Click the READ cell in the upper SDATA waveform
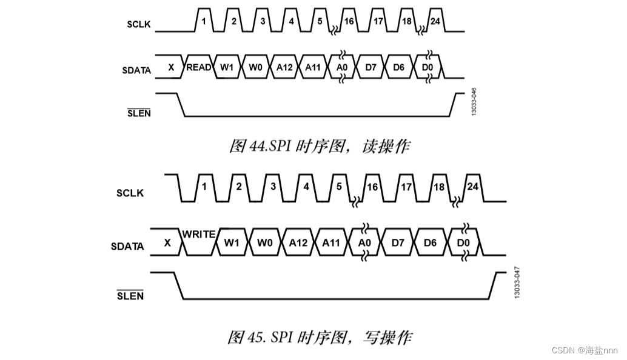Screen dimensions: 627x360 coord(198,67)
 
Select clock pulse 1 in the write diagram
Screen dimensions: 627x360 coord(204,186)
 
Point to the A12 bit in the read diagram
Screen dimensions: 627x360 coord(284,67)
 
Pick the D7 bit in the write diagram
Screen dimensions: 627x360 coord(398,243)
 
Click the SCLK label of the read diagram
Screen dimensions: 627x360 coord(139,25)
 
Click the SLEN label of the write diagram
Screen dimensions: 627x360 coord(130,296)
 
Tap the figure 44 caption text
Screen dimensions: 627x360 coord(319,146)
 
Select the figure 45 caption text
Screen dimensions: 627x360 coord(320,336)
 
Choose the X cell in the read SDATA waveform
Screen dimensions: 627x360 coord(171,67)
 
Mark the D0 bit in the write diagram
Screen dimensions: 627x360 coord(464,243)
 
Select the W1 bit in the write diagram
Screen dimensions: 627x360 coord(231,243)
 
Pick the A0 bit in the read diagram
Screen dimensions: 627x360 coord(341,67)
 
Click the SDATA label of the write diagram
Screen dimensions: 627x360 coord(127,247)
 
